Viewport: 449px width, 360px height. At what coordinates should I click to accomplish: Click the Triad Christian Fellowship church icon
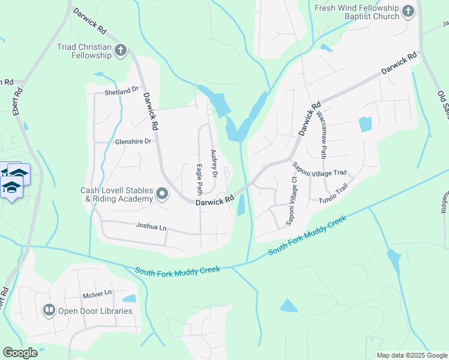121,50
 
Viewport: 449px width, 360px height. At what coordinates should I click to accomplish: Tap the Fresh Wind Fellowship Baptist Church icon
408,11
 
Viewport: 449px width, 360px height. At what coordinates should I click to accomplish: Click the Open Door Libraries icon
49,310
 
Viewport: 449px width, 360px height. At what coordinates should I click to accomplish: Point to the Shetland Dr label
117,91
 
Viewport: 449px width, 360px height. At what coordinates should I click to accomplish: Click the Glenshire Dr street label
135,142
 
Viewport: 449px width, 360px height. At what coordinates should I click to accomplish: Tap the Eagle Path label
199,178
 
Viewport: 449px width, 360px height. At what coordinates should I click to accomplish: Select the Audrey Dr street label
213,163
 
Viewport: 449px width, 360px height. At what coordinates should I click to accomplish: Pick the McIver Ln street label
98,293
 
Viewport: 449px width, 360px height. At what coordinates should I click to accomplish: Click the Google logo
20,353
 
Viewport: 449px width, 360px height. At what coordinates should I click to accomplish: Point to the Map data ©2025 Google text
411,355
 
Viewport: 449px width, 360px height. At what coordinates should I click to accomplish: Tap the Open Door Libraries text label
95,311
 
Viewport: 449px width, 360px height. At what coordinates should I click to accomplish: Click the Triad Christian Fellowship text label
85,51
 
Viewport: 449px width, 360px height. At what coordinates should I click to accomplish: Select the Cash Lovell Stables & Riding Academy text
117,194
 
